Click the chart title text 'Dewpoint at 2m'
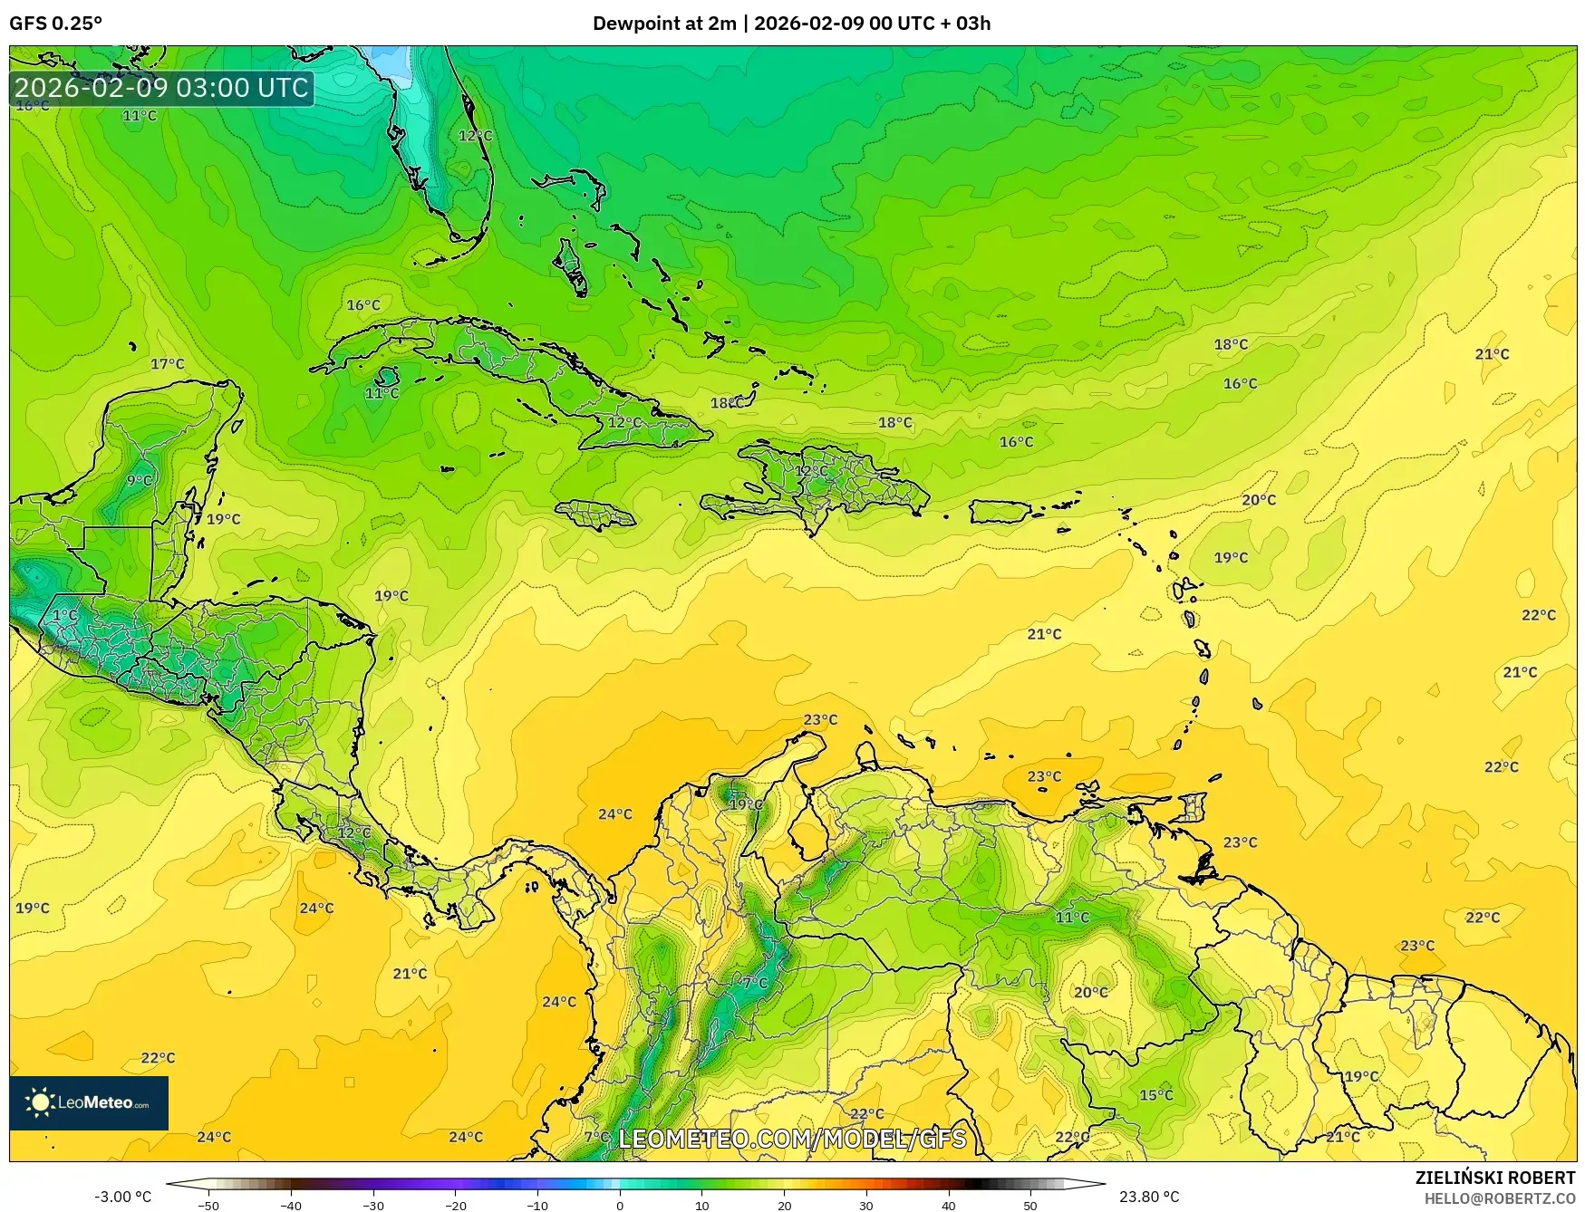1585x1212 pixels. pyautogui.click(x=663, y=24)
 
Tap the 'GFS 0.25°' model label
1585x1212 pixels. pyautogui.click(x=56, y=24)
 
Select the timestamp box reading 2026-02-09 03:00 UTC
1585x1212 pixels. pyautogui.click(x=162, y=88)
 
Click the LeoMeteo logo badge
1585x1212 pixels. pyautogui.click(x=89, y=1102)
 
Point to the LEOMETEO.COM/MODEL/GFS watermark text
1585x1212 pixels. pyautogui.click(x=792, y=1139)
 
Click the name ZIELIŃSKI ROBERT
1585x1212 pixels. pyautogui.click(x=1495, y=1178)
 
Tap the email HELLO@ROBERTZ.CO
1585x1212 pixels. pyautogui.click(x=1500, y=1198)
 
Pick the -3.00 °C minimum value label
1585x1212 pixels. pyautogui.click(x=123, y=1197)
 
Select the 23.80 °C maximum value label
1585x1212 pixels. pyautogui.click(x=1149, y=1197)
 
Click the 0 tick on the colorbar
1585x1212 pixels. pyautogui.click(x=620, y=1205)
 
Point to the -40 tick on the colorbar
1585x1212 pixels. pyautogui.click(x=291, y=1205)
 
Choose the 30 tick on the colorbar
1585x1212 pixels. pyautogui.click(x=866, y=1205)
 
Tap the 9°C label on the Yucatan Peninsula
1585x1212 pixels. pyautogui.click(x=140, y=480)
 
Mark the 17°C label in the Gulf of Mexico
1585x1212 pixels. pyautogui.click(x=168, y=364)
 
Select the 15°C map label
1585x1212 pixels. pyautogui.click(x=1156, y=1095)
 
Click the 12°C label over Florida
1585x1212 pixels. pyautogui.click(x=476, y=136)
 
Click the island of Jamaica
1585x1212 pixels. pyautogui.click(x=595, y=515)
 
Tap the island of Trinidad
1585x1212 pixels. pyautogui.click(x=1194, y=805)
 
